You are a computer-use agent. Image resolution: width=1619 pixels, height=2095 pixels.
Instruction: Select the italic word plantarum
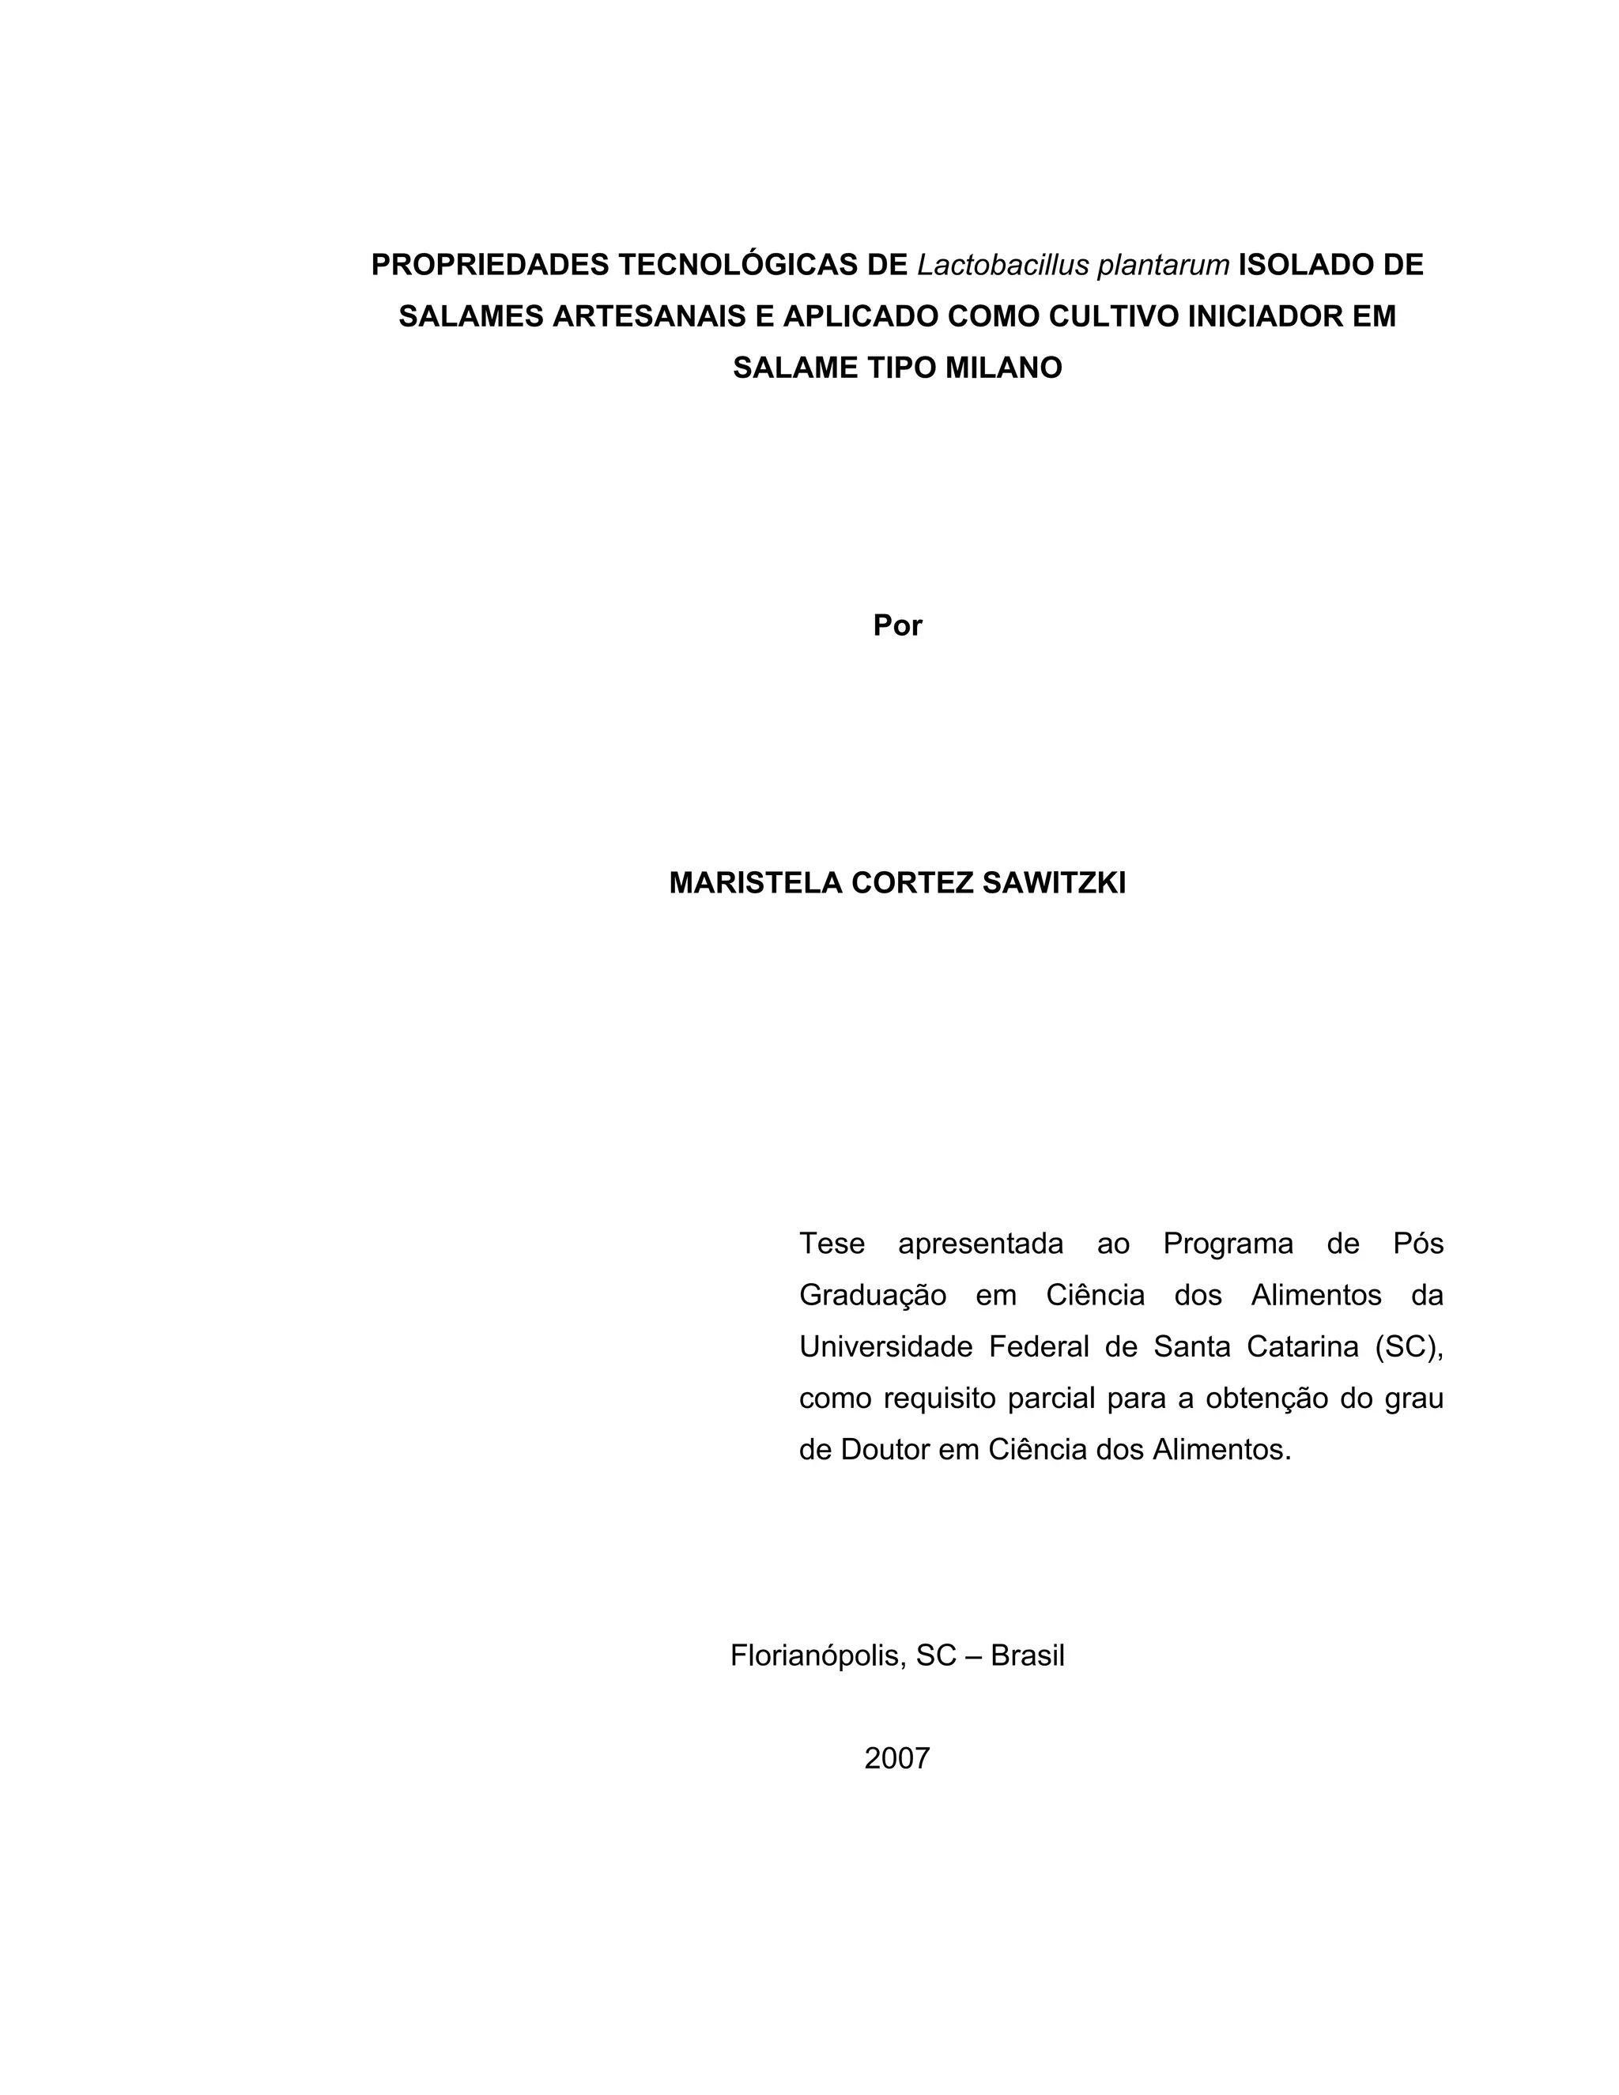1162,265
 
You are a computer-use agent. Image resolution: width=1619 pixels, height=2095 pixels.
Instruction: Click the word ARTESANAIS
651,316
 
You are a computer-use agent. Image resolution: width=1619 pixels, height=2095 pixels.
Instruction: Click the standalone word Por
896,626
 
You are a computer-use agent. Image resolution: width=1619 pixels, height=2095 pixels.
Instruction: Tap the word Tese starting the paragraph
832,1244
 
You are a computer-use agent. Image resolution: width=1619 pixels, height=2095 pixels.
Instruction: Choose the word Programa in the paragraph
1228,1244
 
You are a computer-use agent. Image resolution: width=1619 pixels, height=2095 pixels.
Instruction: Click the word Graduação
872,1296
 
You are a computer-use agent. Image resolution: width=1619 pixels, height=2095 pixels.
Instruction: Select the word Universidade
885,1348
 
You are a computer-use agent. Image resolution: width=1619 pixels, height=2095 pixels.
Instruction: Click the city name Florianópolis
816,1655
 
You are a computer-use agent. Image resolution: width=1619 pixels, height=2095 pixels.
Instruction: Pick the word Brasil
1027,1655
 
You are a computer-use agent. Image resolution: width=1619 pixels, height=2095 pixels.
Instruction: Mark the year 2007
896,1758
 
